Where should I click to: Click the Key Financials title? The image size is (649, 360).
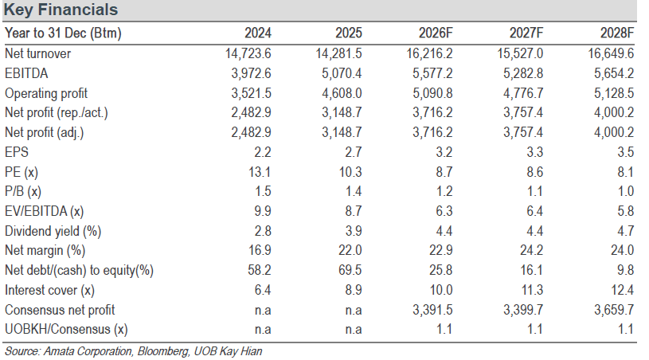[x=61, y=10]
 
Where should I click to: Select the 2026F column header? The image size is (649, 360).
[x=436, y=33]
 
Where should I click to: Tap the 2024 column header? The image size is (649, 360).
[x=258, y=33]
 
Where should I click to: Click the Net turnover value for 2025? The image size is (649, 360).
[x=338, y=53]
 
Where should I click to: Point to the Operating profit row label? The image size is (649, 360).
[x=46, y=93]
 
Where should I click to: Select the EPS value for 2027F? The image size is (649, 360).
[x=535, y=152]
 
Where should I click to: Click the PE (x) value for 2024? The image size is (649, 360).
[x=260, y=172]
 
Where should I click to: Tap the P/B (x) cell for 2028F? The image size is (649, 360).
[x=625, y=191]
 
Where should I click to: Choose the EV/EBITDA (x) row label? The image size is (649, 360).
[x=44, y=211]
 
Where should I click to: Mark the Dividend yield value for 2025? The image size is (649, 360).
[x=354, y=231]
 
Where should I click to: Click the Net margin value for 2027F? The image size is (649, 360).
[x=531, y=250]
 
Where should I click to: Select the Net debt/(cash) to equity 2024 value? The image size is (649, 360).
[x=260, y=270]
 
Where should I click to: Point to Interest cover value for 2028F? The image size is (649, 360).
[x=622, y=290]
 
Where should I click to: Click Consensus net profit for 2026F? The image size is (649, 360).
[x=432, y=310]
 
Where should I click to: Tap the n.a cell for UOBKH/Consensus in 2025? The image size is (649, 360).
[x=354, y=330]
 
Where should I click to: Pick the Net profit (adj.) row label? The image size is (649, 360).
[x=44, y=133]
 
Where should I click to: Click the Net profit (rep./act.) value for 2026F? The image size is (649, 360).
[x=432, y=112]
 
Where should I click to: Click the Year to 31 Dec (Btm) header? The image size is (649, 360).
[x=63, y=33]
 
